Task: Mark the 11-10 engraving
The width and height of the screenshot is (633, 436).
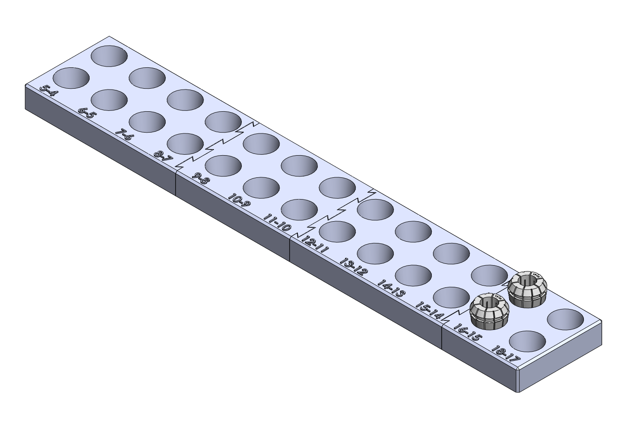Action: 277,223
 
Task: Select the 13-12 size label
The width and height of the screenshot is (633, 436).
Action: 353,267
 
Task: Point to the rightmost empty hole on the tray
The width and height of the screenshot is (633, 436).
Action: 566,320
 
